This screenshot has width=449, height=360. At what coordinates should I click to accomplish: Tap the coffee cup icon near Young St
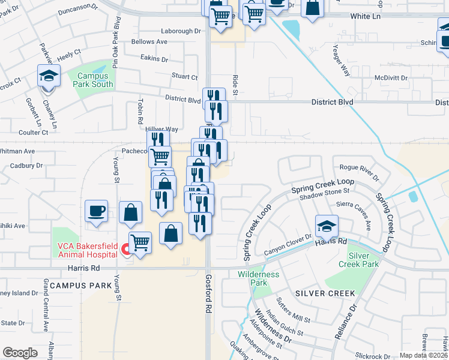96,211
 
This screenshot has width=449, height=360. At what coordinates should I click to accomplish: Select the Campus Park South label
94,80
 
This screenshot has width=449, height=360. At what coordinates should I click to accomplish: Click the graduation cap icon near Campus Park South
49,76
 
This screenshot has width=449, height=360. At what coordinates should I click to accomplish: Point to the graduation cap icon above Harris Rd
327,227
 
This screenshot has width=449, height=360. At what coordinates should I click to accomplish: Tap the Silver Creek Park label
363,260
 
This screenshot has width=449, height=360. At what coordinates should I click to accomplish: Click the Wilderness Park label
259,278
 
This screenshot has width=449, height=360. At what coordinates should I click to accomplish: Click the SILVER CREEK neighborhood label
325,293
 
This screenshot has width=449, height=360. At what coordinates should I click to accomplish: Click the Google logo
20,352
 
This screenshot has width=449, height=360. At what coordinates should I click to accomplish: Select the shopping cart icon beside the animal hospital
140,243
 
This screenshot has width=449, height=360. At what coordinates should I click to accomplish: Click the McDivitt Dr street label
391,78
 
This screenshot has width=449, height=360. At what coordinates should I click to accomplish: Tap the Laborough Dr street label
181,31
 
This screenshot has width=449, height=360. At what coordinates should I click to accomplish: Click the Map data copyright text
423,355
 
